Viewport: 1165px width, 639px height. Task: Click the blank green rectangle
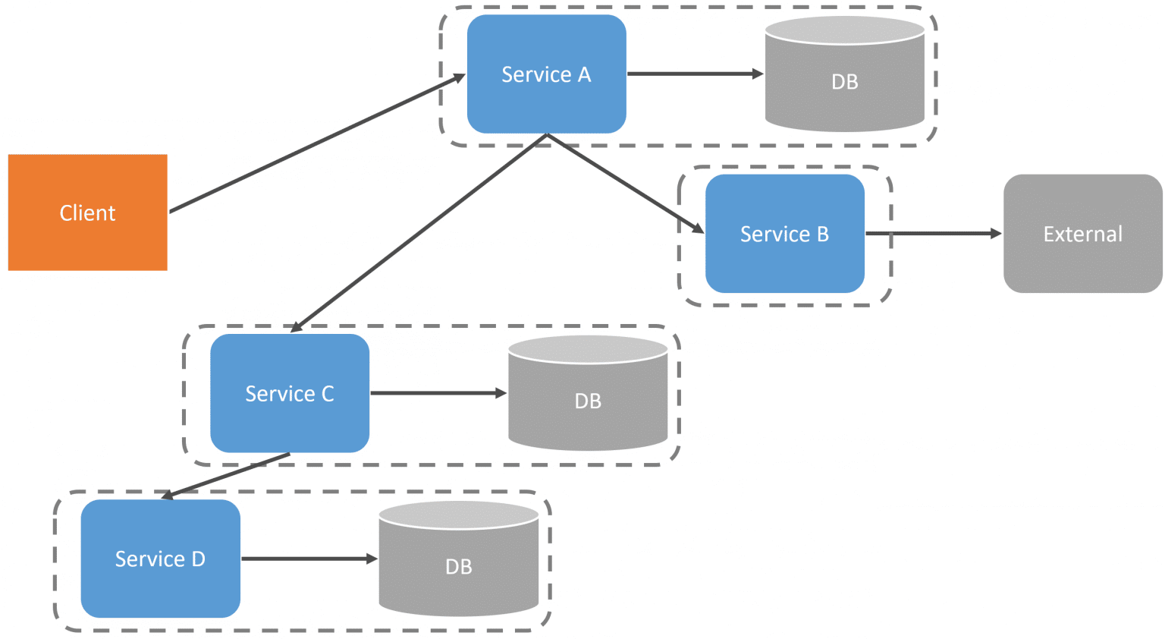tap(183, 74)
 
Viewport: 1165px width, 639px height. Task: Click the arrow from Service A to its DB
tap(694, 74)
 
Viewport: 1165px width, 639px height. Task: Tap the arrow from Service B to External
tap(933, 234)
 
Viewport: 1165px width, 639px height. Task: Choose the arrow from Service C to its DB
tap(438, 393)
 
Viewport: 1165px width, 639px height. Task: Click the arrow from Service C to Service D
tap(226, 476)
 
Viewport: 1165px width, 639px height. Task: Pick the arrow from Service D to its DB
tap(309, 559)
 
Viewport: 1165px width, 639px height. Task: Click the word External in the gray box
tap(1082, 235)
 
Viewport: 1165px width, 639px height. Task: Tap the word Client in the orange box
tap(87, 213)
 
